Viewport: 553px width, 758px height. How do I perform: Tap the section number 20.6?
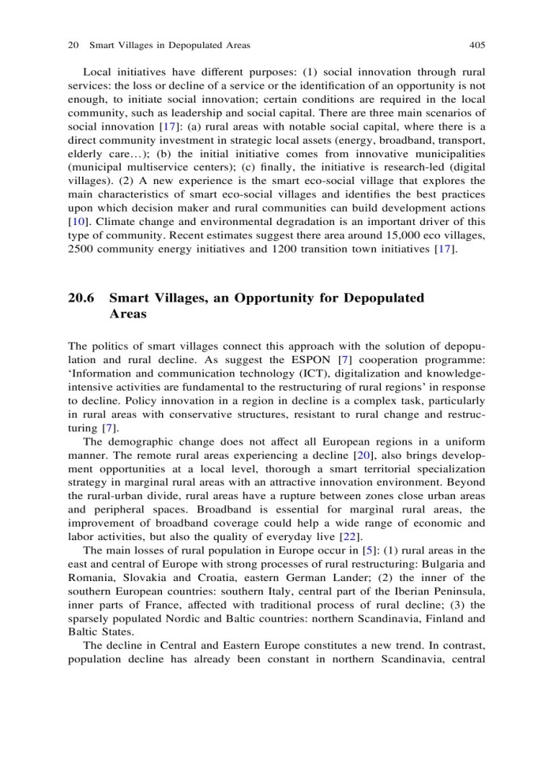tap(82, 298)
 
